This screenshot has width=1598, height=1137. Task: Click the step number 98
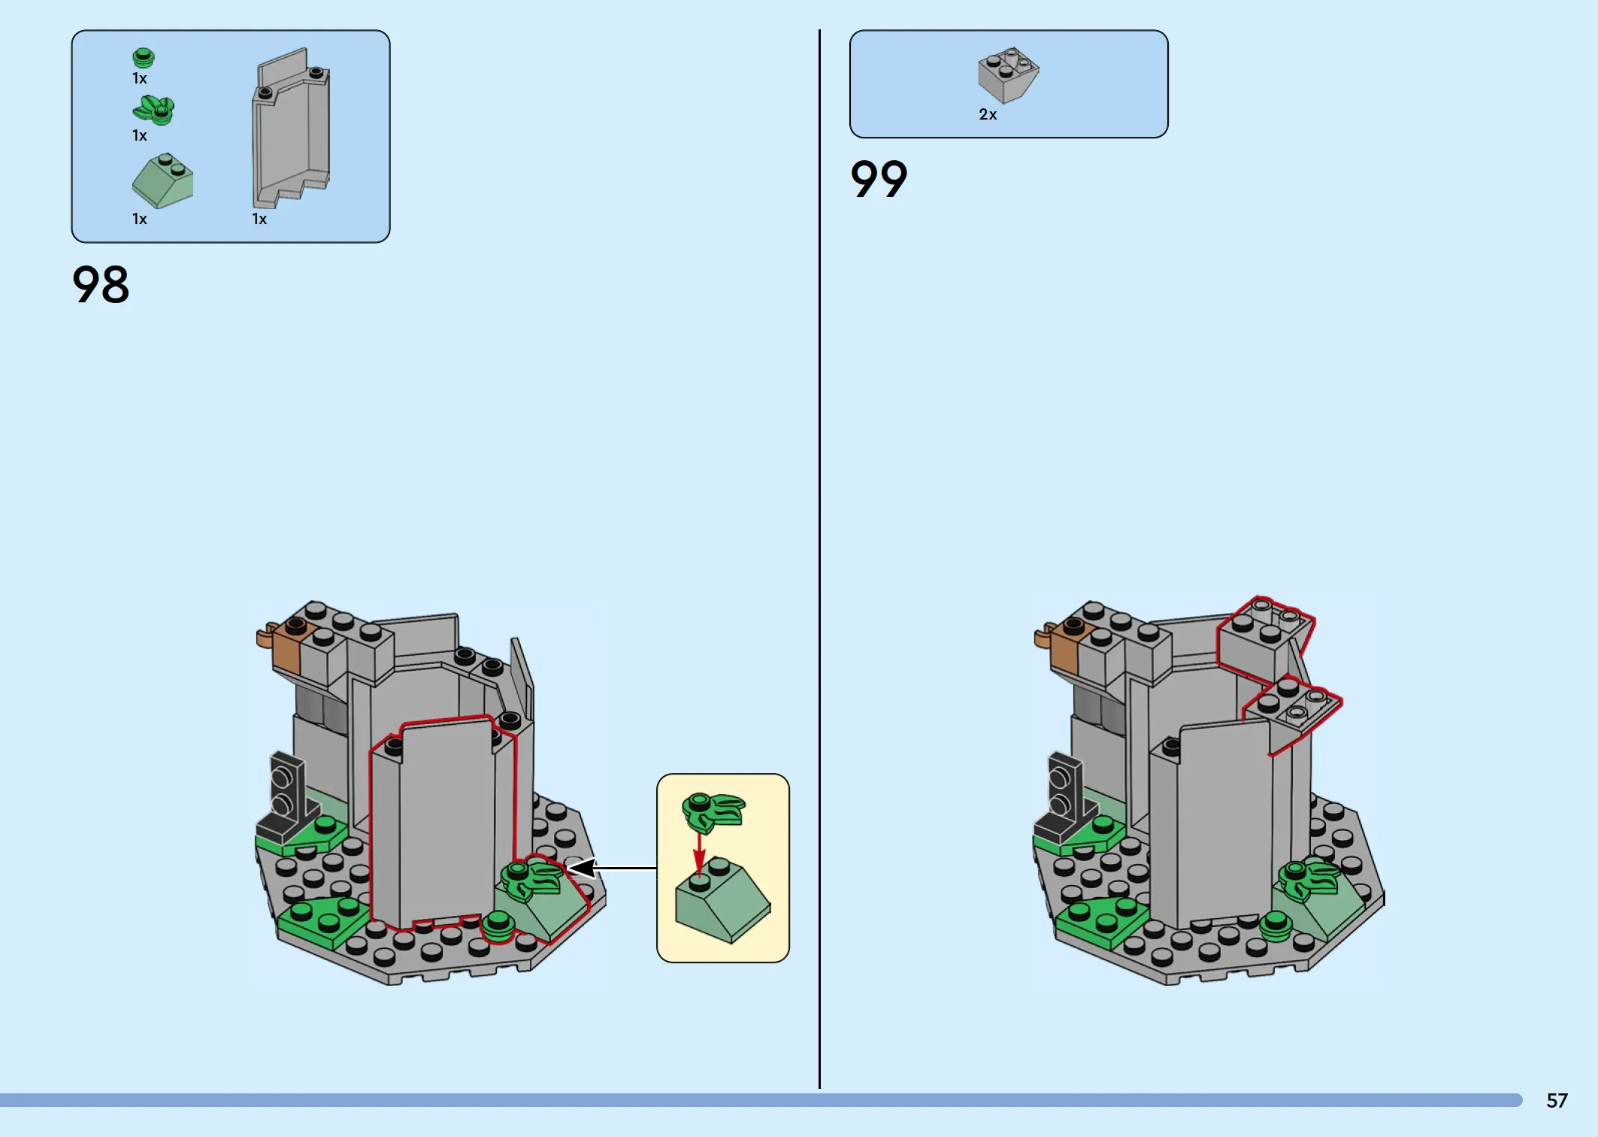pyautogui.click(x=101, y=284)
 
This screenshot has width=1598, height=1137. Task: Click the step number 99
pyautogui.click(x=879, y=179)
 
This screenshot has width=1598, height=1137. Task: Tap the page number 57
pyautogui.click(x=1557, y=1100)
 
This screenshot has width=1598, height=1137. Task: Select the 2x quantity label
pyautogui.click(x=988, y=114)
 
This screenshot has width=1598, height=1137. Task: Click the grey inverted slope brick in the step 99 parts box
pyautogui.click(x=1008, y=74)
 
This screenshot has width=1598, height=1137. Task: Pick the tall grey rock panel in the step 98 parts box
pyautogui.click(x=291, y=128)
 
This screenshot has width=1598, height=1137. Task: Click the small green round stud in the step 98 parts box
pyautogui.click(x=143, y=58)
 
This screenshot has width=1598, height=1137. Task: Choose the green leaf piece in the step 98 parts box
pyautogui.click(x=154, y=110)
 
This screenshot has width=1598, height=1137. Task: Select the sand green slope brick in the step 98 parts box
pyautogui.click(x=162, y=180)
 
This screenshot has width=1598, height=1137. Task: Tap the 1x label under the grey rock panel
pyautogui.click(x=259, y=219)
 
